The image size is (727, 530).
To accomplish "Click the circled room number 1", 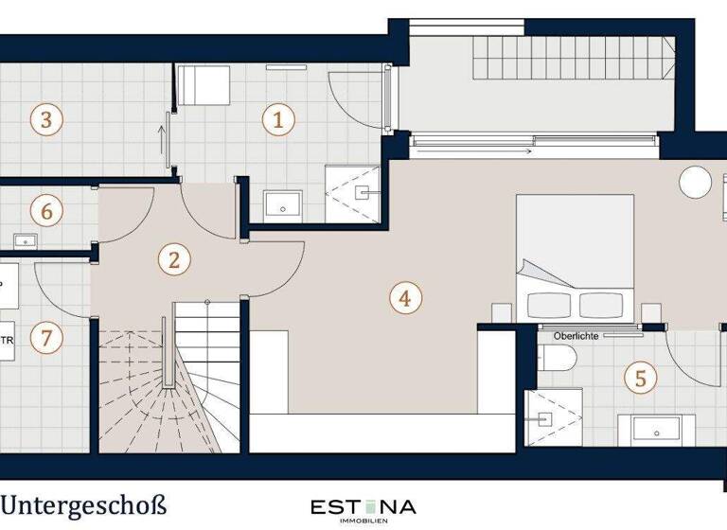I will (x=277, y=119).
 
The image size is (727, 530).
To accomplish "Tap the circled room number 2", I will (x=172, y=259).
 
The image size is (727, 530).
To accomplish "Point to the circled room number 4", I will (x=404, y=298).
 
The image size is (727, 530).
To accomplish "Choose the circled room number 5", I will (x=641, y=379).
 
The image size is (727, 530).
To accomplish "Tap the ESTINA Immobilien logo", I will (x=363, y=509).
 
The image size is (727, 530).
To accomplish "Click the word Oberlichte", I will (x=575, y=334).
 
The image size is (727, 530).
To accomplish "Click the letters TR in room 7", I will (x=7, y=340).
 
